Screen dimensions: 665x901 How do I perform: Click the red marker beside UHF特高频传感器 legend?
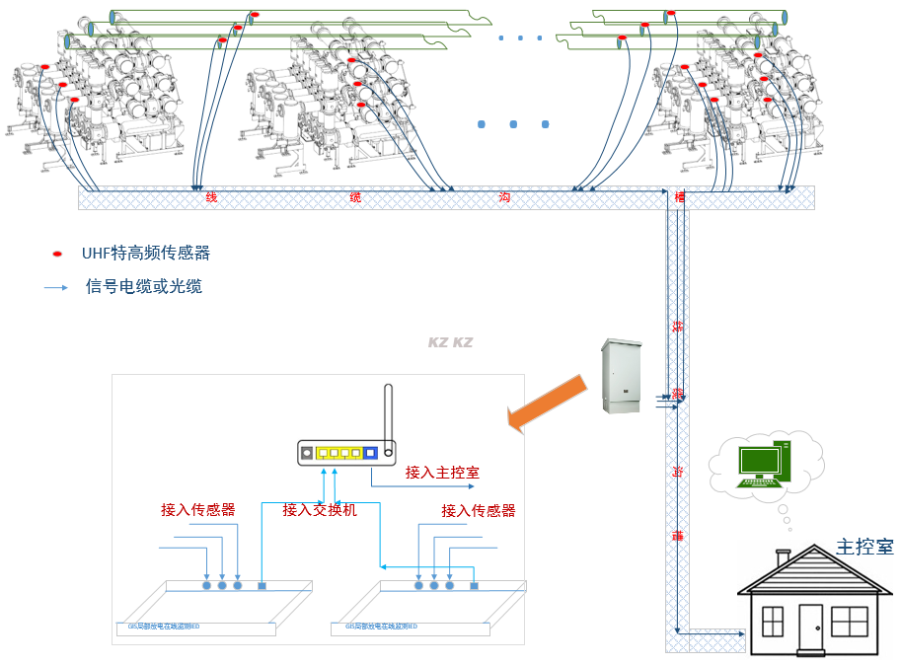[x=57, y=255]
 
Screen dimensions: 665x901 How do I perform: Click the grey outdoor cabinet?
[x=622, y=376]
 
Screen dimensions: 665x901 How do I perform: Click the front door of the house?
[x=810, y=628]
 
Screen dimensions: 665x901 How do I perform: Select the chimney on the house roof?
[x=784, y=559]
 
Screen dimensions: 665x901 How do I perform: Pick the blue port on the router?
[x=370, y=454]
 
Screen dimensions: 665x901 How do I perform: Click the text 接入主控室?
[x=442, y=473]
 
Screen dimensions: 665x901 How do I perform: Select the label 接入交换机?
[x=319, y=510]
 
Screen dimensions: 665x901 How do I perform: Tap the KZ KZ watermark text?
[x=450, y=342]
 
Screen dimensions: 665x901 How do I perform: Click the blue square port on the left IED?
[x=262, y=586]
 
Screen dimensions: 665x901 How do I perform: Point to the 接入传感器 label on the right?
[x=478, y=510]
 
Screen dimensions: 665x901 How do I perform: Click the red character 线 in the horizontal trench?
[x=211, y=197]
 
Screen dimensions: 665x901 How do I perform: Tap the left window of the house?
[x=773, y=622]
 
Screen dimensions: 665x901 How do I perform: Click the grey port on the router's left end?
[x=307, y=454]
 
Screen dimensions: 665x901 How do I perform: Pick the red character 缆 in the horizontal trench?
[x=355, y=197]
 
